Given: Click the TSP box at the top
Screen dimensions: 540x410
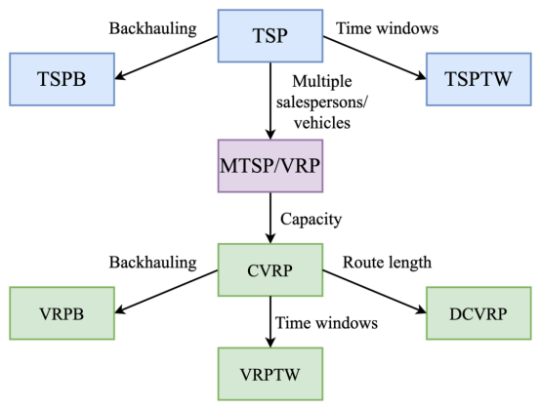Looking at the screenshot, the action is [270, 36].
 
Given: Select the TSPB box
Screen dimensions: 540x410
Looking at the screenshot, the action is [62, 79].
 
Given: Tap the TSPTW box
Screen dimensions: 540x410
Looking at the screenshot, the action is [478, 79].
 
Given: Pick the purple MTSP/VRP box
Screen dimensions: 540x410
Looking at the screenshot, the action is [270, 166].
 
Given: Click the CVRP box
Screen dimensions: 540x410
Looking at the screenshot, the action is [270, 269].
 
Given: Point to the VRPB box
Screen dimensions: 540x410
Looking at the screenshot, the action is [62, 313].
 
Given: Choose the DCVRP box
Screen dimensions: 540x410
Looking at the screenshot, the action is [478, 313].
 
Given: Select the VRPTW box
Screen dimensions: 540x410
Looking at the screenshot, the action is [270, 374].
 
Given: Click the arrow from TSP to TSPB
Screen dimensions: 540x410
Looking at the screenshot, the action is [166, 58].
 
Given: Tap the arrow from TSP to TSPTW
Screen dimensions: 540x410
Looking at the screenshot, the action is [374, 58].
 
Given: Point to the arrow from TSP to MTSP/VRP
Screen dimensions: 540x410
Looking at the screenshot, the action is [270, 101].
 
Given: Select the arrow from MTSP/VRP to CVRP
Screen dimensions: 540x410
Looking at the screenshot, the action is [270, 218].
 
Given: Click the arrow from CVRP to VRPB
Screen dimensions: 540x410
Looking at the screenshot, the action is [166, 292].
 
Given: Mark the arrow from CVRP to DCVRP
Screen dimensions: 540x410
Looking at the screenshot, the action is [374, 292].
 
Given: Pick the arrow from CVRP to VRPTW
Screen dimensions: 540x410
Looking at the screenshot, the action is [270, 322].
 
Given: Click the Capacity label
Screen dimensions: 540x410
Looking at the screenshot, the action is [311, 220].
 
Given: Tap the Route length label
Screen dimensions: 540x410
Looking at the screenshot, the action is [387, 263].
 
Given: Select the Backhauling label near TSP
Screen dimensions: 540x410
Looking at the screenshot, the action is [153, 28].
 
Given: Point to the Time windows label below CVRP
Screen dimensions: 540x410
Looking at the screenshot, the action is [326, 323].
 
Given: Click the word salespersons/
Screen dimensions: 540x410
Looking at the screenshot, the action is [322, 102].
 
